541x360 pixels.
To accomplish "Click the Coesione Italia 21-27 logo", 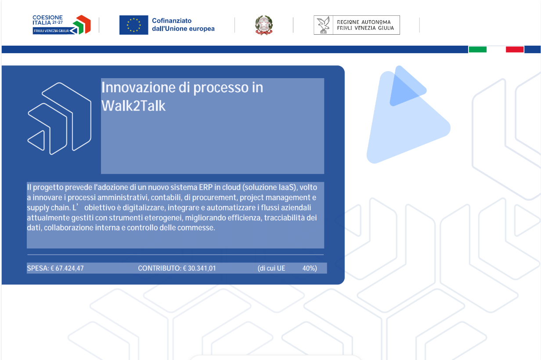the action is tap(61, 25).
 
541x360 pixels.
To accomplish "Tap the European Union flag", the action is tap(133, 25).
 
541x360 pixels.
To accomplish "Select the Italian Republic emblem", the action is tap(264, 25).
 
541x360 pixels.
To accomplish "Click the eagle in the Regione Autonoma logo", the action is tap(323, 25).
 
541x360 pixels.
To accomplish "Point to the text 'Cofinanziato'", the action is tap(172, 21).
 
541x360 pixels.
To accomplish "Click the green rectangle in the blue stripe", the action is tap(478, 50).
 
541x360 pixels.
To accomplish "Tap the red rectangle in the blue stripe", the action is tap(515, 50).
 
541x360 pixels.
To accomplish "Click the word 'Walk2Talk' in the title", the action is tap(133, 106).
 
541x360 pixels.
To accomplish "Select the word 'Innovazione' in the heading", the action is tap(138, 87).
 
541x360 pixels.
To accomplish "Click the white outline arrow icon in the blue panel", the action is tap(59, 119).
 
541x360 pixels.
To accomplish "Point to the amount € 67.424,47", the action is tap(67, 268).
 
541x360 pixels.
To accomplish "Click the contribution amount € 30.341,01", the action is tap(199, 268).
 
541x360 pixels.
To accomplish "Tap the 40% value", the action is tap(310, 268).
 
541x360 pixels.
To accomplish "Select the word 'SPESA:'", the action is tap(38, 268).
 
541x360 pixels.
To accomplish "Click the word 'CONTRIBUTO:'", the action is tap(160, 268).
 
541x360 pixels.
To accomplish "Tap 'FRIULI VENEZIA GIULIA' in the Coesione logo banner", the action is tap(51, 31).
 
